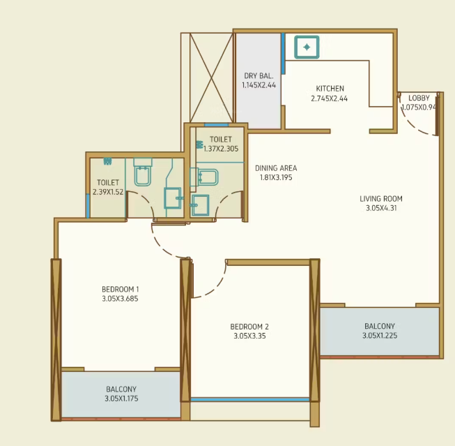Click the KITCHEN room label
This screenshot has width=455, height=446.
point(330,89)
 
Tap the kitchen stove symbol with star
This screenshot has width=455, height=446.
point(307,47)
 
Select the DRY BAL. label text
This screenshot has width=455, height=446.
point(259,75)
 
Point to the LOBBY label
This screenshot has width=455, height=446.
point(419,98)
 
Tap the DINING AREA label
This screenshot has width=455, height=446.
point(276,168)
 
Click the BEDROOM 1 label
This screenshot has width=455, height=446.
point(121,289)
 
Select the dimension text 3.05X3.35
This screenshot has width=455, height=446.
point(249,336)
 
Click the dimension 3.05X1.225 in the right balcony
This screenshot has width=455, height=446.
point(379,336)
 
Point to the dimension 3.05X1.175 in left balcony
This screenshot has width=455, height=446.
point(121,399)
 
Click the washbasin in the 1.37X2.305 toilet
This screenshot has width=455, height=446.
point(200,205)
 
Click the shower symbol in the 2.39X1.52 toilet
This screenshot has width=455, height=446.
point(108,161)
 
